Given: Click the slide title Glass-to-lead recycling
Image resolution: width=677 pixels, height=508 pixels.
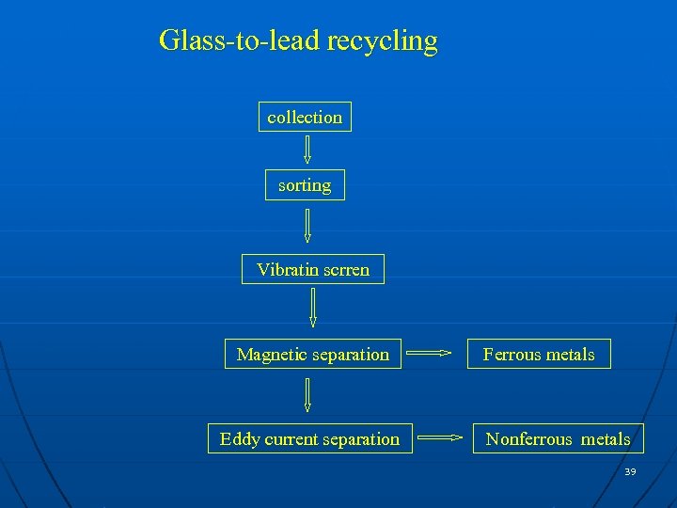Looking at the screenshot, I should coord(298,41).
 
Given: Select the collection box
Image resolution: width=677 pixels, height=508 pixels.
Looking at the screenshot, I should coord(305,117).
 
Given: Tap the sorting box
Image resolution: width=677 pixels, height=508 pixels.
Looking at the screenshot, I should coord(305,185).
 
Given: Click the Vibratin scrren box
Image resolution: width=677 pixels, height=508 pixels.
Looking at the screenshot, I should coord(313,270).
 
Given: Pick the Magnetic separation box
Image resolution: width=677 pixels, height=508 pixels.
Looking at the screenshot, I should coord(313,355).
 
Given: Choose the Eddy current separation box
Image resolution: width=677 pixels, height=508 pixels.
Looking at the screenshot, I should coord(309,439).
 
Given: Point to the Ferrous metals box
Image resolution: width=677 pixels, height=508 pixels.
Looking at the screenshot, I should coord(539,355).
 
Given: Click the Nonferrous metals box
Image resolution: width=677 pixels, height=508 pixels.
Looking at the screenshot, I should coord(558,439).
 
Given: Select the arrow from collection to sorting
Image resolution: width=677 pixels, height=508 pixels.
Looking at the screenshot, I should coord(307,150).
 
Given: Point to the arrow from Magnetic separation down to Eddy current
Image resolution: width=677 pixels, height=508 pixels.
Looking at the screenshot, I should coord(307,394).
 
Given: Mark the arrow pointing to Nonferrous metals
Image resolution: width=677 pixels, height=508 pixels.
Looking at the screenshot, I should coord(440,437).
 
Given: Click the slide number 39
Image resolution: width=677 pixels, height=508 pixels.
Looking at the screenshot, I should coord(630,471).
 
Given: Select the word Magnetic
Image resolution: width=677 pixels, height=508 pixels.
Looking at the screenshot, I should coord(270,355).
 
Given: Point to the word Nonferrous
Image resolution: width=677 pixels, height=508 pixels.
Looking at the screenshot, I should coord(528,439).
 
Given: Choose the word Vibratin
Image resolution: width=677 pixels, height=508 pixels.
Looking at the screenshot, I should coord(285,270).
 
